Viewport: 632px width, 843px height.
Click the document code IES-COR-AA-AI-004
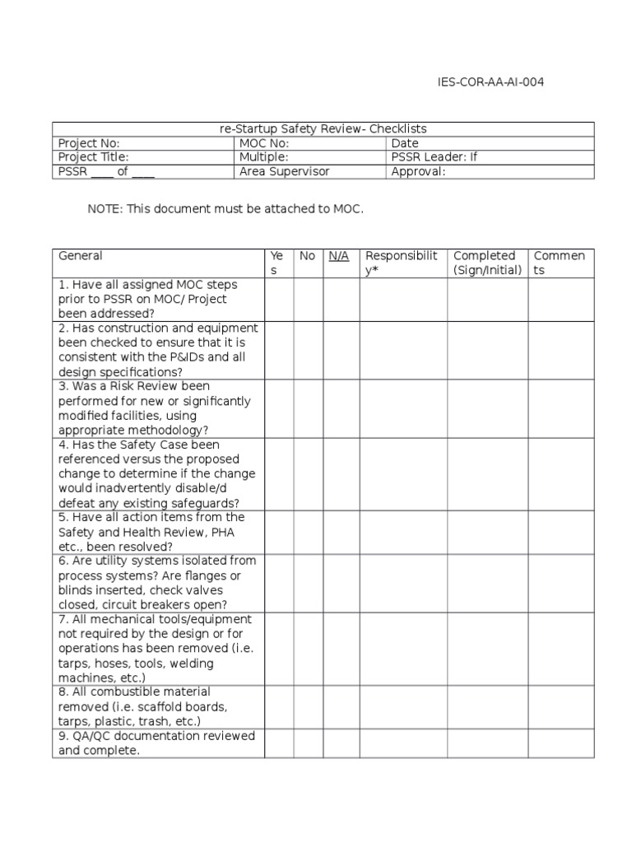point(490,82)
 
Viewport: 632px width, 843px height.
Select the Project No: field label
point(90,143)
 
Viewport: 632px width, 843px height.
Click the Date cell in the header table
point(405,143)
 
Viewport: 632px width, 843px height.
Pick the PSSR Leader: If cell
point(434,157)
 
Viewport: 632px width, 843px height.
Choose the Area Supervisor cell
point(284,171)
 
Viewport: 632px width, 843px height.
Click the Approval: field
point(418,171)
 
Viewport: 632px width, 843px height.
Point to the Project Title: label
point(94,157)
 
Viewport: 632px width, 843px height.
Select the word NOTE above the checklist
point(104,209)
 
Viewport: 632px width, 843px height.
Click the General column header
point(81,256)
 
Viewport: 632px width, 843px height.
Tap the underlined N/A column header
point(339,256)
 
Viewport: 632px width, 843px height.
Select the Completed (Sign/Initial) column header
point(487,263)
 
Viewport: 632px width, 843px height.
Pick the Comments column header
point(560,263)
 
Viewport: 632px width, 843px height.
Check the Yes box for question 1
point(279,300)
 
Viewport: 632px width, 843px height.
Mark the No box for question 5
point(308,532)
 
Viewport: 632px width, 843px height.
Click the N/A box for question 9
point(341,743)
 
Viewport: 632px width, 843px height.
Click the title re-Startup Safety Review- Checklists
point(323,129)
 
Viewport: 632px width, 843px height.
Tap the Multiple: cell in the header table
point(263,157)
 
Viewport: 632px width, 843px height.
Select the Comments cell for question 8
point(560,707)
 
